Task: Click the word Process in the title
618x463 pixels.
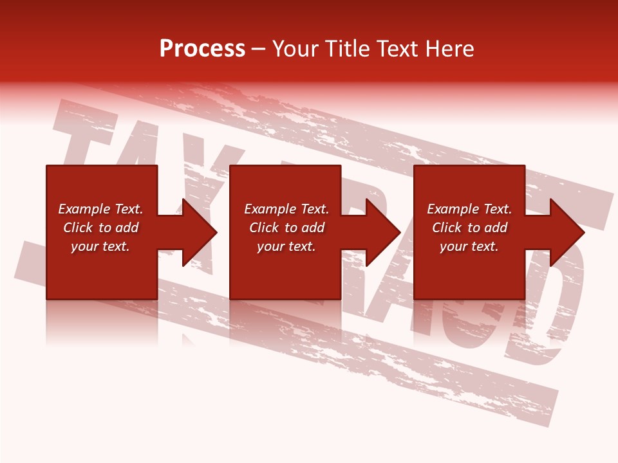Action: (202, 49)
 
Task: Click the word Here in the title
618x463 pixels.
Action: (451, 49)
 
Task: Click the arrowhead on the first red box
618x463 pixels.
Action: (196, 232)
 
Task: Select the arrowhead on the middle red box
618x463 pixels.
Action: (380, 232)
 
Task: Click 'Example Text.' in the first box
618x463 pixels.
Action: (100, 209)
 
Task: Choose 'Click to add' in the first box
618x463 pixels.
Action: (100, 228)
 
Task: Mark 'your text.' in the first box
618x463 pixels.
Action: (100, 246)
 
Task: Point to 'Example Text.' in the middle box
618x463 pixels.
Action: (286, 209)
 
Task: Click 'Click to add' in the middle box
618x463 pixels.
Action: (286, 228)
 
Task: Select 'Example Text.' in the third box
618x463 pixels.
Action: (469, 209)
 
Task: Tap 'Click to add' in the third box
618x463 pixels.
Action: (469, 228)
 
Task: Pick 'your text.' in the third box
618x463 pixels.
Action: (469, 246)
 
